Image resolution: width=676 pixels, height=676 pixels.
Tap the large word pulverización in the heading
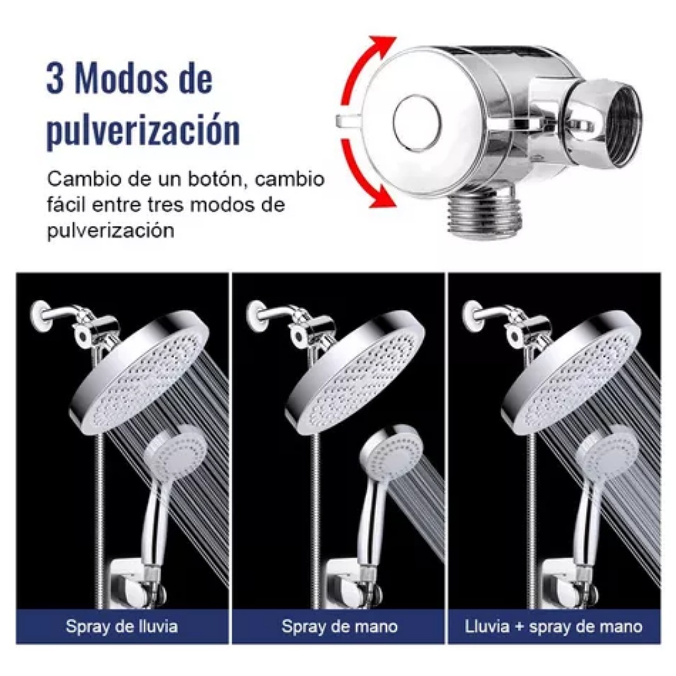coord(143,130)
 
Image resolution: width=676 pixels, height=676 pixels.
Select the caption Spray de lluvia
coord(121,626)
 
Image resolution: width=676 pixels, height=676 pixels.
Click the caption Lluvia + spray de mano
coord(553,626)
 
